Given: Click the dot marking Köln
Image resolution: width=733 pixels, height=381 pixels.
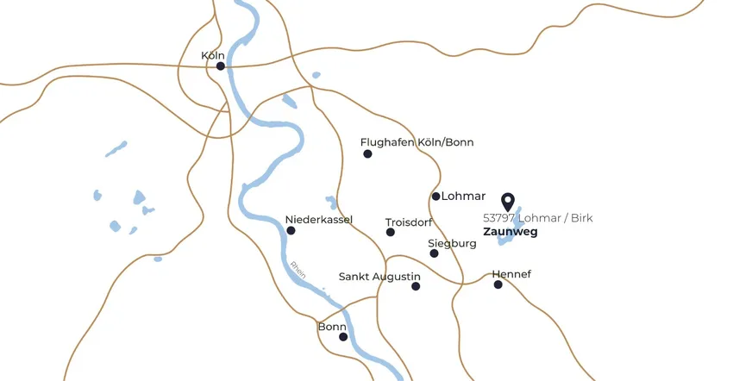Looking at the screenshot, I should pyautogui.click(x=221, y=66).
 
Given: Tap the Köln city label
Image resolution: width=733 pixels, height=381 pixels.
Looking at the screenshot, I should pyautogui.click(x=213, y=55).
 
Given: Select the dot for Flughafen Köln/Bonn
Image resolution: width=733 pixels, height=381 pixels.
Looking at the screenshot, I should pyautogui.click(x=367, y=154).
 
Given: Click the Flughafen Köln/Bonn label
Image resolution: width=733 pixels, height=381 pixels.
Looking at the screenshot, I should pyautogui.click(x=417, y=141).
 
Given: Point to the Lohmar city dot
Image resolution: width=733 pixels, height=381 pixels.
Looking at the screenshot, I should pyautogui.click(x=436, y=197).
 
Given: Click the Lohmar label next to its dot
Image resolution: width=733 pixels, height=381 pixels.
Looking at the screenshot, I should pyautogui.click(x=463, y=197).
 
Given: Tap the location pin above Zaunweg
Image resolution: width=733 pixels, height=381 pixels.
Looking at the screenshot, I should pyautogui.click(x=508, y=202).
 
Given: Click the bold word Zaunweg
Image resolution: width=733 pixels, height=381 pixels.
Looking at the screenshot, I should pyautogui.click(x=511, y=232).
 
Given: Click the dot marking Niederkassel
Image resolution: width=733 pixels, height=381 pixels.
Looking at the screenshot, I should pyautogui.click(x=291, y=231).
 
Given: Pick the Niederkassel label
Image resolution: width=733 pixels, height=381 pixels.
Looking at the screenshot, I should pyautogui.click(x=319, y=220).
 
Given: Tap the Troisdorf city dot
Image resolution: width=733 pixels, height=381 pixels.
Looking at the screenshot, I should pyautogui.click(x=391, y=233).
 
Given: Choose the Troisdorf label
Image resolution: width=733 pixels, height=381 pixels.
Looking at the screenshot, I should pyautogui.click(x=409, y=222).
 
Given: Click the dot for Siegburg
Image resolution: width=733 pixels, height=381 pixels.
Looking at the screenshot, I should pyautogui.click(x=435, y=253).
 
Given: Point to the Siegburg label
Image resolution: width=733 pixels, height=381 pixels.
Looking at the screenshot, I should pyautogui.click(x=452, y=243).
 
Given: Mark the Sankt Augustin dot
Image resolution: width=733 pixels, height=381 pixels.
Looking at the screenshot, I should pyautogui.click(x=416, y=286).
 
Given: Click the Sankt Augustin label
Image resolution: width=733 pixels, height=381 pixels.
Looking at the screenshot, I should pyautogui.click(x=379, y=276).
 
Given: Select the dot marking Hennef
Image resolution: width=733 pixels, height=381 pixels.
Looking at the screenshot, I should pyautogui.click(x=498, y=284).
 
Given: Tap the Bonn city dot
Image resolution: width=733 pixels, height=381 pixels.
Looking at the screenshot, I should pyautogui.click(x=343, y=337).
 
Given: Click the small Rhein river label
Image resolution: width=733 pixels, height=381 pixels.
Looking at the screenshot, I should pyautogui.click(x=299, y=270).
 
